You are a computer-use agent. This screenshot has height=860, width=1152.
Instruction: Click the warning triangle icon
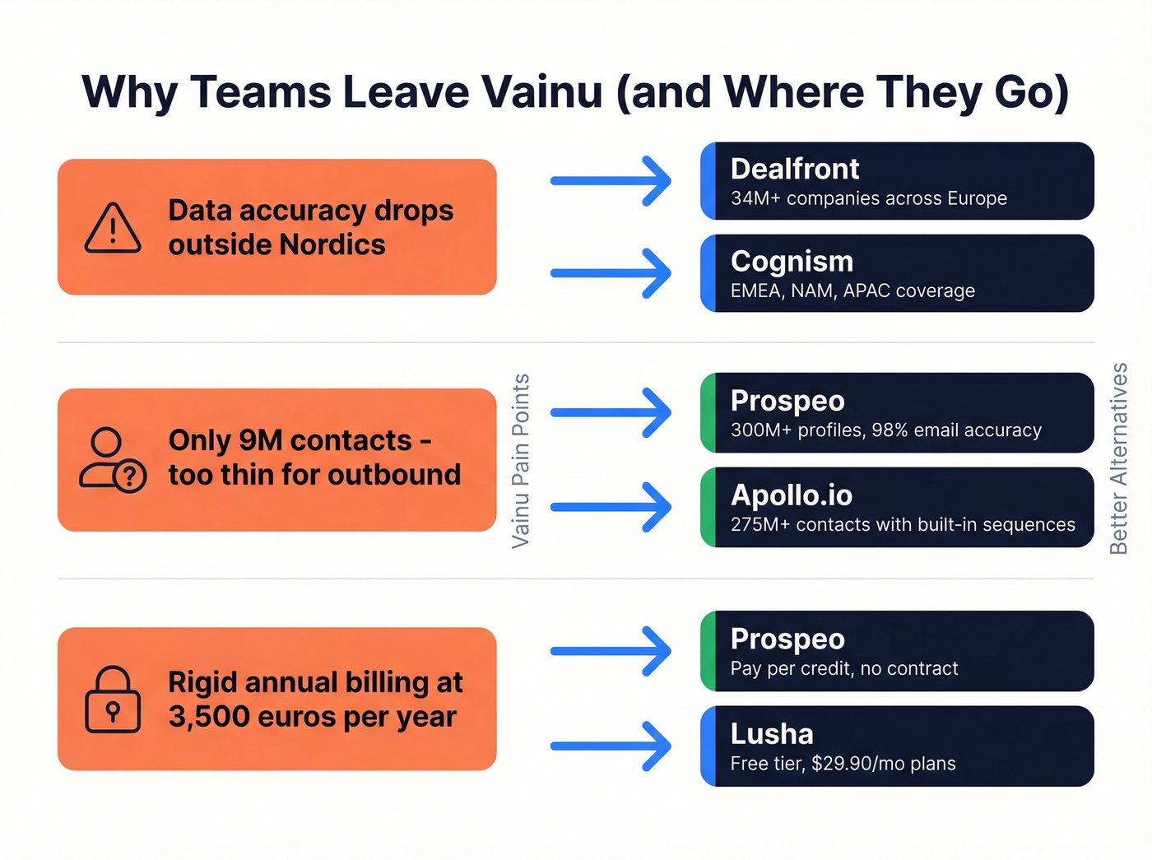pyautogui.click(x=113, y=228)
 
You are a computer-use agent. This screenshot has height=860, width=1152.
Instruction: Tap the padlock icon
pyautogui.click(x=113, y=700)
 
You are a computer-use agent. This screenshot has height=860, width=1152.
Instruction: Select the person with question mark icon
pyautogui.click(x=113, y=460)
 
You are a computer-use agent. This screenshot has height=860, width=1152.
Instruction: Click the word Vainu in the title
pyautogui.click(x=542, y=91)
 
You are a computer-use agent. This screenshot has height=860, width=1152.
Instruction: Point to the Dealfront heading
pyautogui.click(x=794, y=169)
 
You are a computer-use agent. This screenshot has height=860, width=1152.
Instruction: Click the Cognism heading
pyautogui.click(x=792, y=261)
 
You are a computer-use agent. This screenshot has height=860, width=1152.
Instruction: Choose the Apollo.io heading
pyautogui.click(x=791, y=495)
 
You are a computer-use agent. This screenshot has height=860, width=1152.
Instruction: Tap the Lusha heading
pyautogui.click(x=771, y=733)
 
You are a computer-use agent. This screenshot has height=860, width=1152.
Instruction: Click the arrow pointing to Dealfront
pyautogui.click(x=611, y=181)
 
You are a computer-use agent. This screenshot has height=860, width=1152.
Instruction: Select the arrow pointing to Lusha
pyautogui.click(x=611, y=746)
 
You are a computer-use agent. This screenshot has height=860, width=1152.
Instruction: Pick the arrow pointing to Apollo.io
pyautogui.click(x=611, y=507)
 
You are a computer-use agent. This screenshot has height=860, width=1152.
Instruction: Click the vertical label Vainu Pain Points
pyautogui.click(x=520, y=461)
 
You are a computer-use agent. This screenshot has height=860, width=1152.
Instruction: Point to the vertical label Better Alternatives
pyautogui.click(x=1118, y=458)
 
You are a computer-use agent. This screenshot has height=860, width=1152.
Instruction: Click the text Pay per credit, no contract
pyautogui.click(x=843, y=668)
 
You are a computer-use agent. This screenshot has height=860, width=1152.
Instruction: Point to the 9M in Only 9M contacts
pyautogui.click(x=260, y=440)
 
